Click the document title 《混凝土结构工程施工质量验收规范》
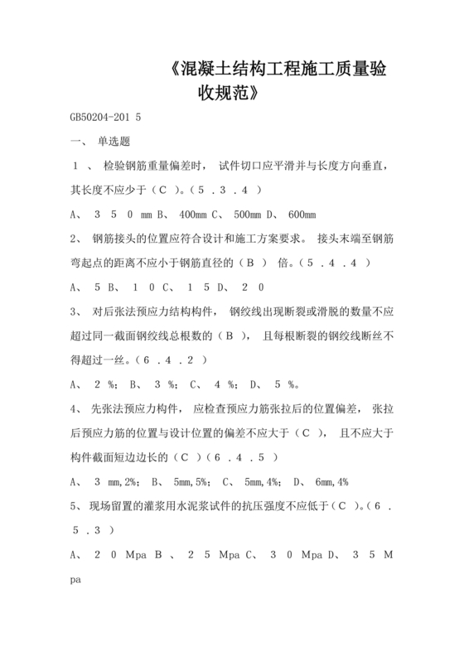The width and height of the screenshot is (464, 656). tap(274, 79)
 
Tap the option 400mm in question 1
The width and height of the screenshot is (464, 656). tap(196, 215)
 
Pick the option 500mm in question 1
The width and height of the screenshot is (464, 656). tap(251, 215)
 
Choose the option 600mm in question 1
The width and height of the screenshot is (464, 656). tap(302, 215)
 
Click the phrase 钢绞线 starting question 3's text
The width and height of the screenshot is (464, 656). tap(254, 312)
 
